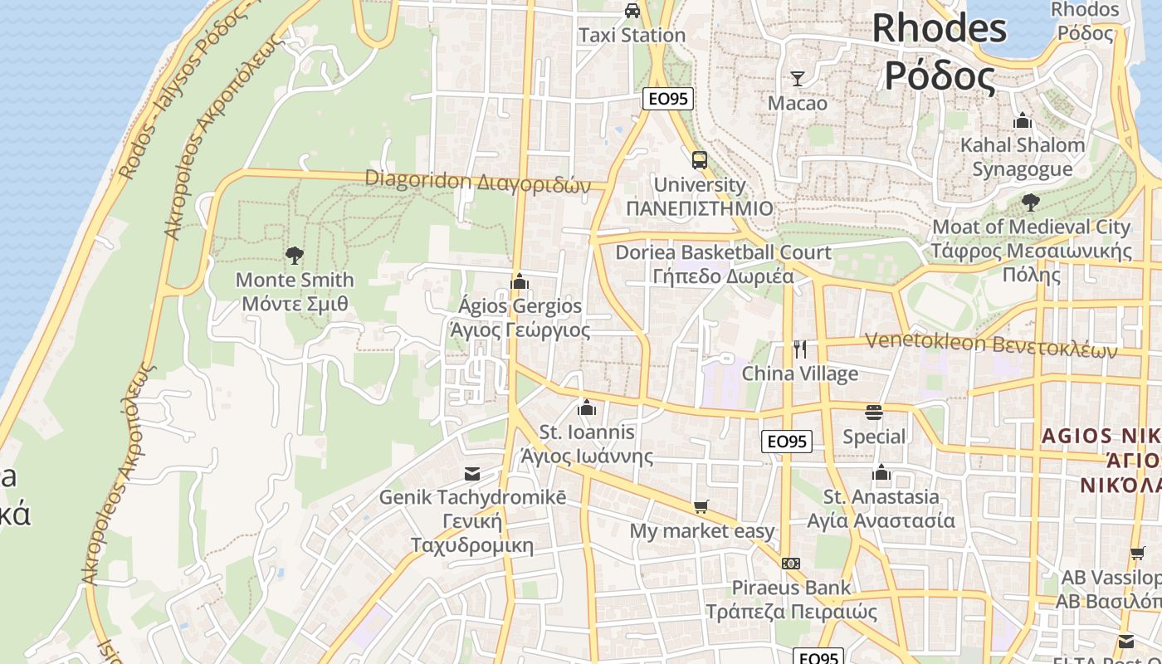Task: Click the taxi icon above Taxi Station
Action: pos(632,11)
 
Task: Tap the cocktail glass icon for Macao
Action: pos(798,79)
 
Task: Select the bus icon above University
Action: pos(700,159)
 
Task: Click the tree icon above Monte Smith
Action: pos(294,255)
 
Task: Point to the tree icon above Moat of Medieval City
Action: pos(1030,202)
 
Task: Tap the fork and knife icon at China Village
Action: pos(800,349)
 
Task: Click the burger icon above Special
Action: pos(873,412)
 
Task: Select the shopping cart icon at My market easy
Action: pos(701,506)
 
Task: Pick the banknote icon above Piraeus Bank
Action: pos(791,564)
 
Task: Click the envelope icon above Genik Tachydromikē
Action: pos(472,474)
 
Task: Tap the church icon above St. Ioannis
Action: pos(587,408)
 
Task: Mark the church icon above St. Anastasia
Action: pos(881,473)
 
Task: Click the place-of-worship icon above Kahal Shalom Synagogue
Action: pos(1023,120)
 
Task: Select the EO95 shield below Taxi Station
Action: pos(668,99)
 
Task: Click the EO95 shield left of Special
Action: pos(787,442)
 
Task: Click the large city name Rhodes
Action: pos(939,28)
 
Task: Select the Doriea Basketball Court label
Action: pos(723,252)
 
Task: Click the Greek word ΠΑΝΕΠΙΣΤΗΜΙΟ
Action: pos(700,208)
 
